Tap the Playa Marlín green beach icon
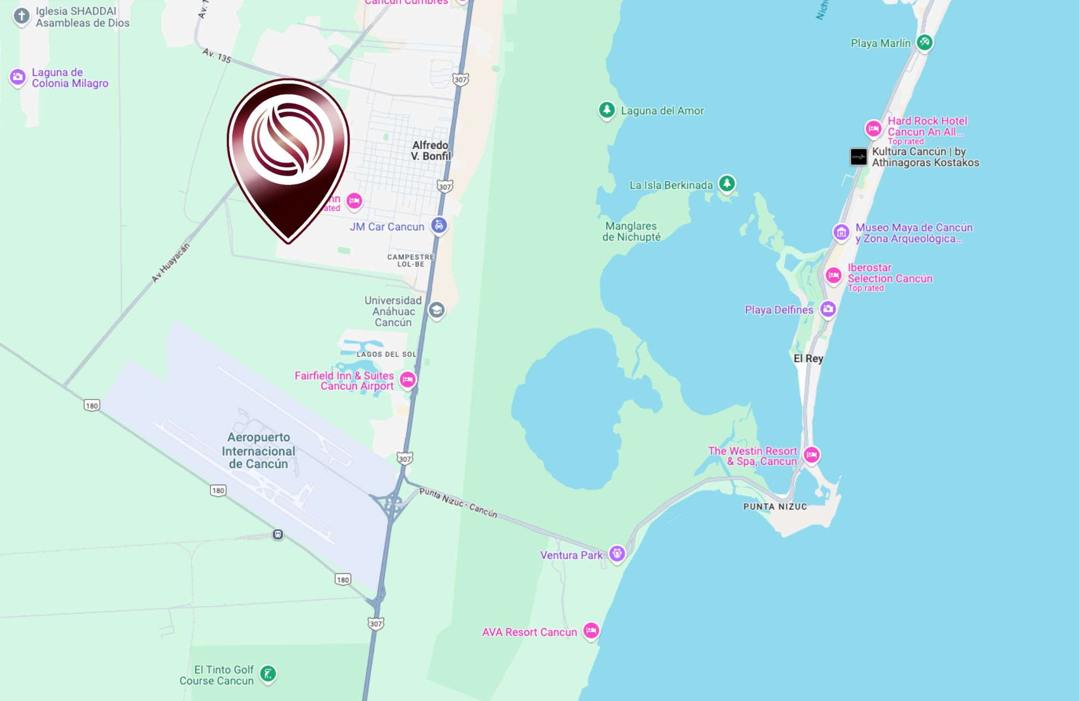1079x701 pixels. click(924, 42)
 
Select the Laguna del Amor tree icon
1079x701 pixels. click(606, 110)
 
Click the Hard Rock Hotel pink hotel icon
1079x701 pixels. click(873, 128)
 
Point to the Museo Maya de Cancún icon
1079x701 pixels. click(841, 232)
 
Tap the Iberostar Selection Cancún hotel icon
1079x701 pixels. click(834, 276)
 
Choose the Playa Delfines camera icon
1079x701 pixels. click(828, 309)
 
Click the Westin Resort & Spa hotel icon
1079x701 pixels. click(811, 455)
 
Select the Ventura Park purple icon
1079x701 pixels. click(617, 553)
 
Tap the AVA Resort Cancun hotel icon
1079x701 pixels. click(591, 630)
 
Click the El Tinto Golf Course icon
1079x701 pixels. click(268, 673)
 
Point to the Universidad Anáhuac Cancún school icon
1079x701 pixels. click(436, 310)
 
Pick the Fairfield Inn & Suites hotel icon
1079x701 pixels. click(407, 380)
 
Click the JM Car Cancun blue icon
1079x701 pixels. click(439, 225)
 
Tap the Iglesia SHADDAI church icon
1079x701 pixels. click(22, 16)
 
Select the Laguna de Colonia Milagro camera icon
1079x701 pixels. click(17, 77)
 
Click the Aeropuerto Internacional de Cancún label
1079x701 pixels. click(258, 450)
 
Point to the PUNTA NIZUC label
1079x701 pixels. click(775, 506)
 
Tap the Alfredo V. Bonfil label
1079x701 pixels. click(430, 150)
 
